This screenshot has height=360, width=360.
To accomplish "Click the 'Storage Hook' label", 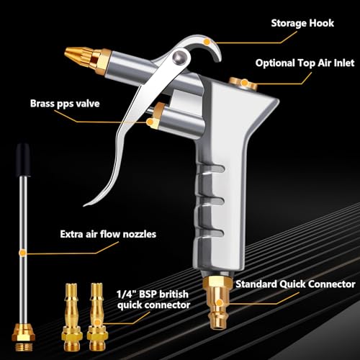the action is click(x=302, y=23).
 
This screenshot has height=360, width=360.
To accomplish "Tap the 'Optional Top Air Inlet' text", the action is click(x=305, y=63).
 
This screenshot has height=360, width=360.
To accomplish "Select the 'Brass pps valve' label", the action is click(x=65, y=104).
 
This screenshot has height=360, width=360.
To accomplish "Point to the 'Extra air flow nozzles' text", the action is click(x=108, y=234).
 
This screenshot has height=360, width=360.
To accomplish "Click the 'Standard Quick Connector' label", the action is click(x=295, y=284).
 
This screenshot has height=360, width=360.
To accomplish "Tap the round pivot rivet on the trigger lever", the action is click(x=179, y=57).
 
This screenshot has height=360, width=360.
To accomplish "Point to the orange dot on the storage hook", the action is click(x=207, y=42).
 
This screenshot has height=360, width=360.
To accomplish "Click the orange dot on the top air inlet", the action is click(x=244, y=83).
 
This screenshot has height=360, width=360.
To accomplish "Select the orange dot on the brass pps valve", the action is click(x=150, y=122).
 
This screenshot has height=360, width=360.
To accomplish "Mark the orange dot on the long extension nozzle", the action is click(x=22, y=253).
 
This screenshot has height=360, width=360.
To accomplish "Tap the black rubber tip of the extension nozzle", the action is click(x=23, y=160).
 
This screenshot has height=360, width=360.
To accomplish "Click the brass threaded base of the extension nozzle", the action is click(x=24, y=337).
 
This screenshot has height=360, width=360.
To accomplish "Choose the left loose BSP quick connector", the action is click(x=72, y=318).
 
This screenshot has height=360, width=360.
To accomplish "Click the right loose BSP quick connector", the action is click(x=97, y=318).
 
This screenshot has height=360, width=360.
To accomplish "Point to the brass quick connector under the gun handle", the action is click(x=217, y=302).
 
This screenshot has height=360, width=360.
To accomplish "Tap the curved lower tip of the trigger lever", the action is click(x=88, y=204).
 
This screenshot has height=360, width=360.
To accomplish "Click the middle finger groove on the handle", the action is click(x=211, y=201).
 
